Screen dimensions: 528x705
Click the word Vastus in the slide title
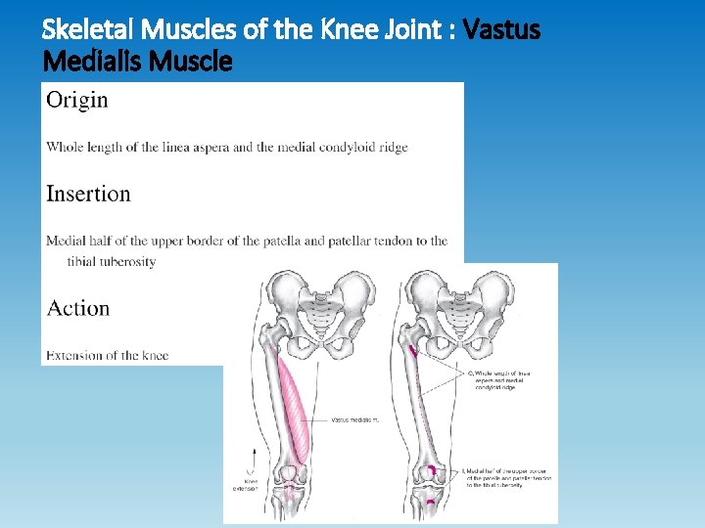pyautogui.click(x=502, y=30)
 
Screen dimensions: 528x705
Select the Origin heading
pyautogui.click(x=77, y=99)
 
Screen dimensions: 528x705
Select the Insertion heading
pyautogui.click(x=88, y=194)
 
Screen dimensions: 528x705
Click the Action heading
pyautogui.click(x=78, y=308)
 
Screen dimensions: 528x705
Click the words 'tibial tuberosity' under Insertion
pyautogui.click(x=112, y=262)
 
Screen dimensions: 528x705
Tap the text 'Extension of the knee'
pyautogui.click(x=108, y=355)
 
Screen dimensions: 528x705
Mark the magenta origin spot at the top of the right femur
pyautogui.click(x=413, y=349)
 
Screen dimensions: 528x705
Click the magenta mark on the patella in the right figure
pyautogui.click(x=432, y=472)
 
